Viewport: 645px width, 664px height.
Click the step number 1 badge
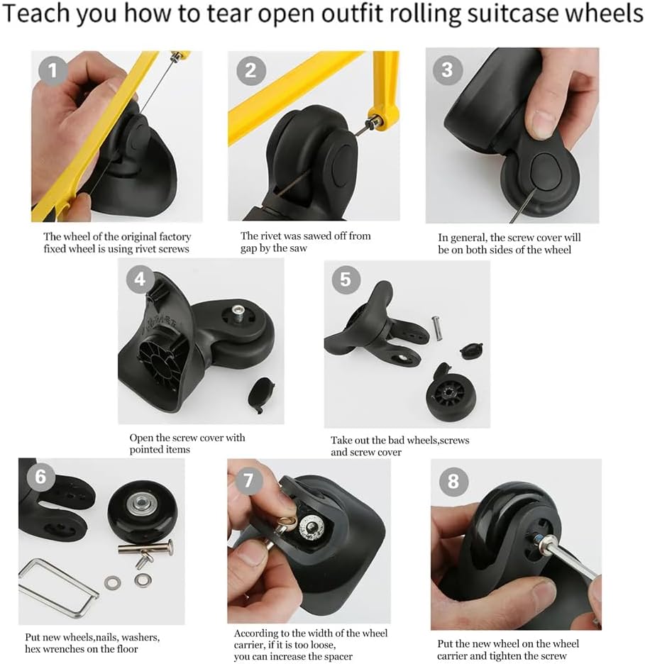[53, 70]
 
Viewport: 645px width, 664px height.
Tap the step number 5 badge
[346, 280]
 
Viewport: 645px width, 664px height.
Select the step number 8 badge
[453, 482]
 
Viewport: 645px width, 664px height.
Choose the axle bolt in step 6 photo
[145, 548]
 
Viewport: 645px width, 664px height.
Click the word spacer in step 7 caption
[337, 657]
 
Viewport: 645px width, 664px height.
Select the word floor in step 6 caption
[124, 649]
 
